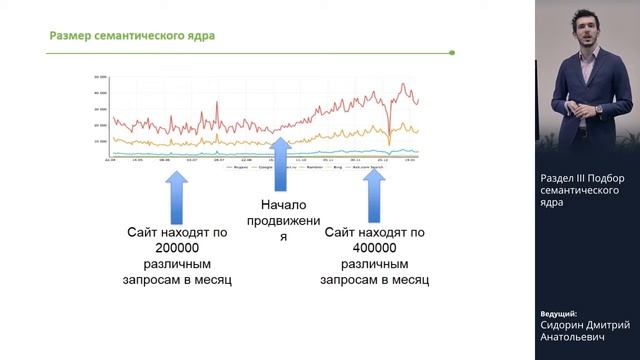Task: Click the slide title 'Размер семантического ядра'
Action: [132, 37]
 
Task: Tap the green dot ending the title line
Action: [452, 52]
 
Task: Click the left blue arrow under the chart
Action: [176, 196]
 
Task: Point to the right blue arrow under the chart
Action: [374, 196]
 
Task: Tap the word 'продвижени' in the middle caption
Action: [282, 221]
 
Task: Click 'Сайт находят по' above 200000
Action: [180, 232]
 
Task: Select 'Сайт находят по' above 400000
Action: [375, 232]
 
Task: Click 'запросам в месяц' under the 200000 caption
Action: [180, 280]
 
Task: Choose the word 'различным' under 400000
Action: [375, 264]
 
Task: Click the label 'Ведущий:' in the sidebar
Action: [558, 313]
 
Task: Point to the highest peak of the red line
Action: [403, 84]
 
